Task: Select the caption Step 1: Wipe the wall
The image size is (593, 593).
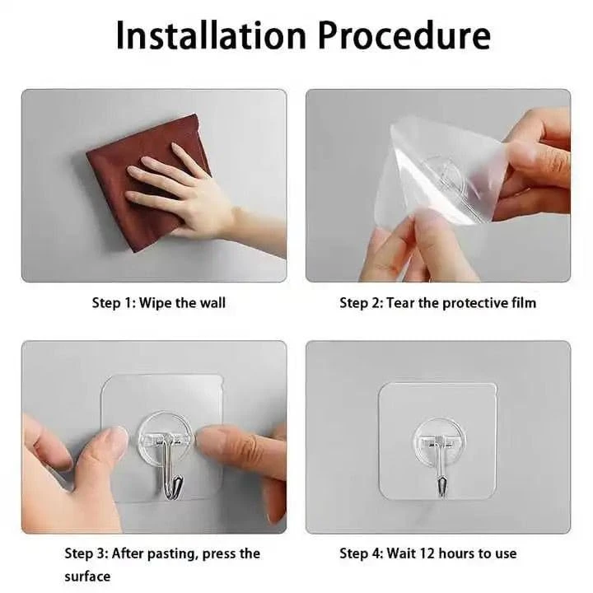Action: pos(158,302)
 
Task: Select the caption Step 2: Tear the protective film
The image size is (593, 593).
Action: pos(437,302)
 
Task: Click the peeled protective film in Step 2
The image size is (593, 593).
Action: pos(445,173)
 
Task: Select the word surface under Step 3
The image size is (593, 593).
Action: pos(87,576)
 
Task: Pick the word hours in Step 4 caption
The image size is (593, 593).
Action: pos(462,553)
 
